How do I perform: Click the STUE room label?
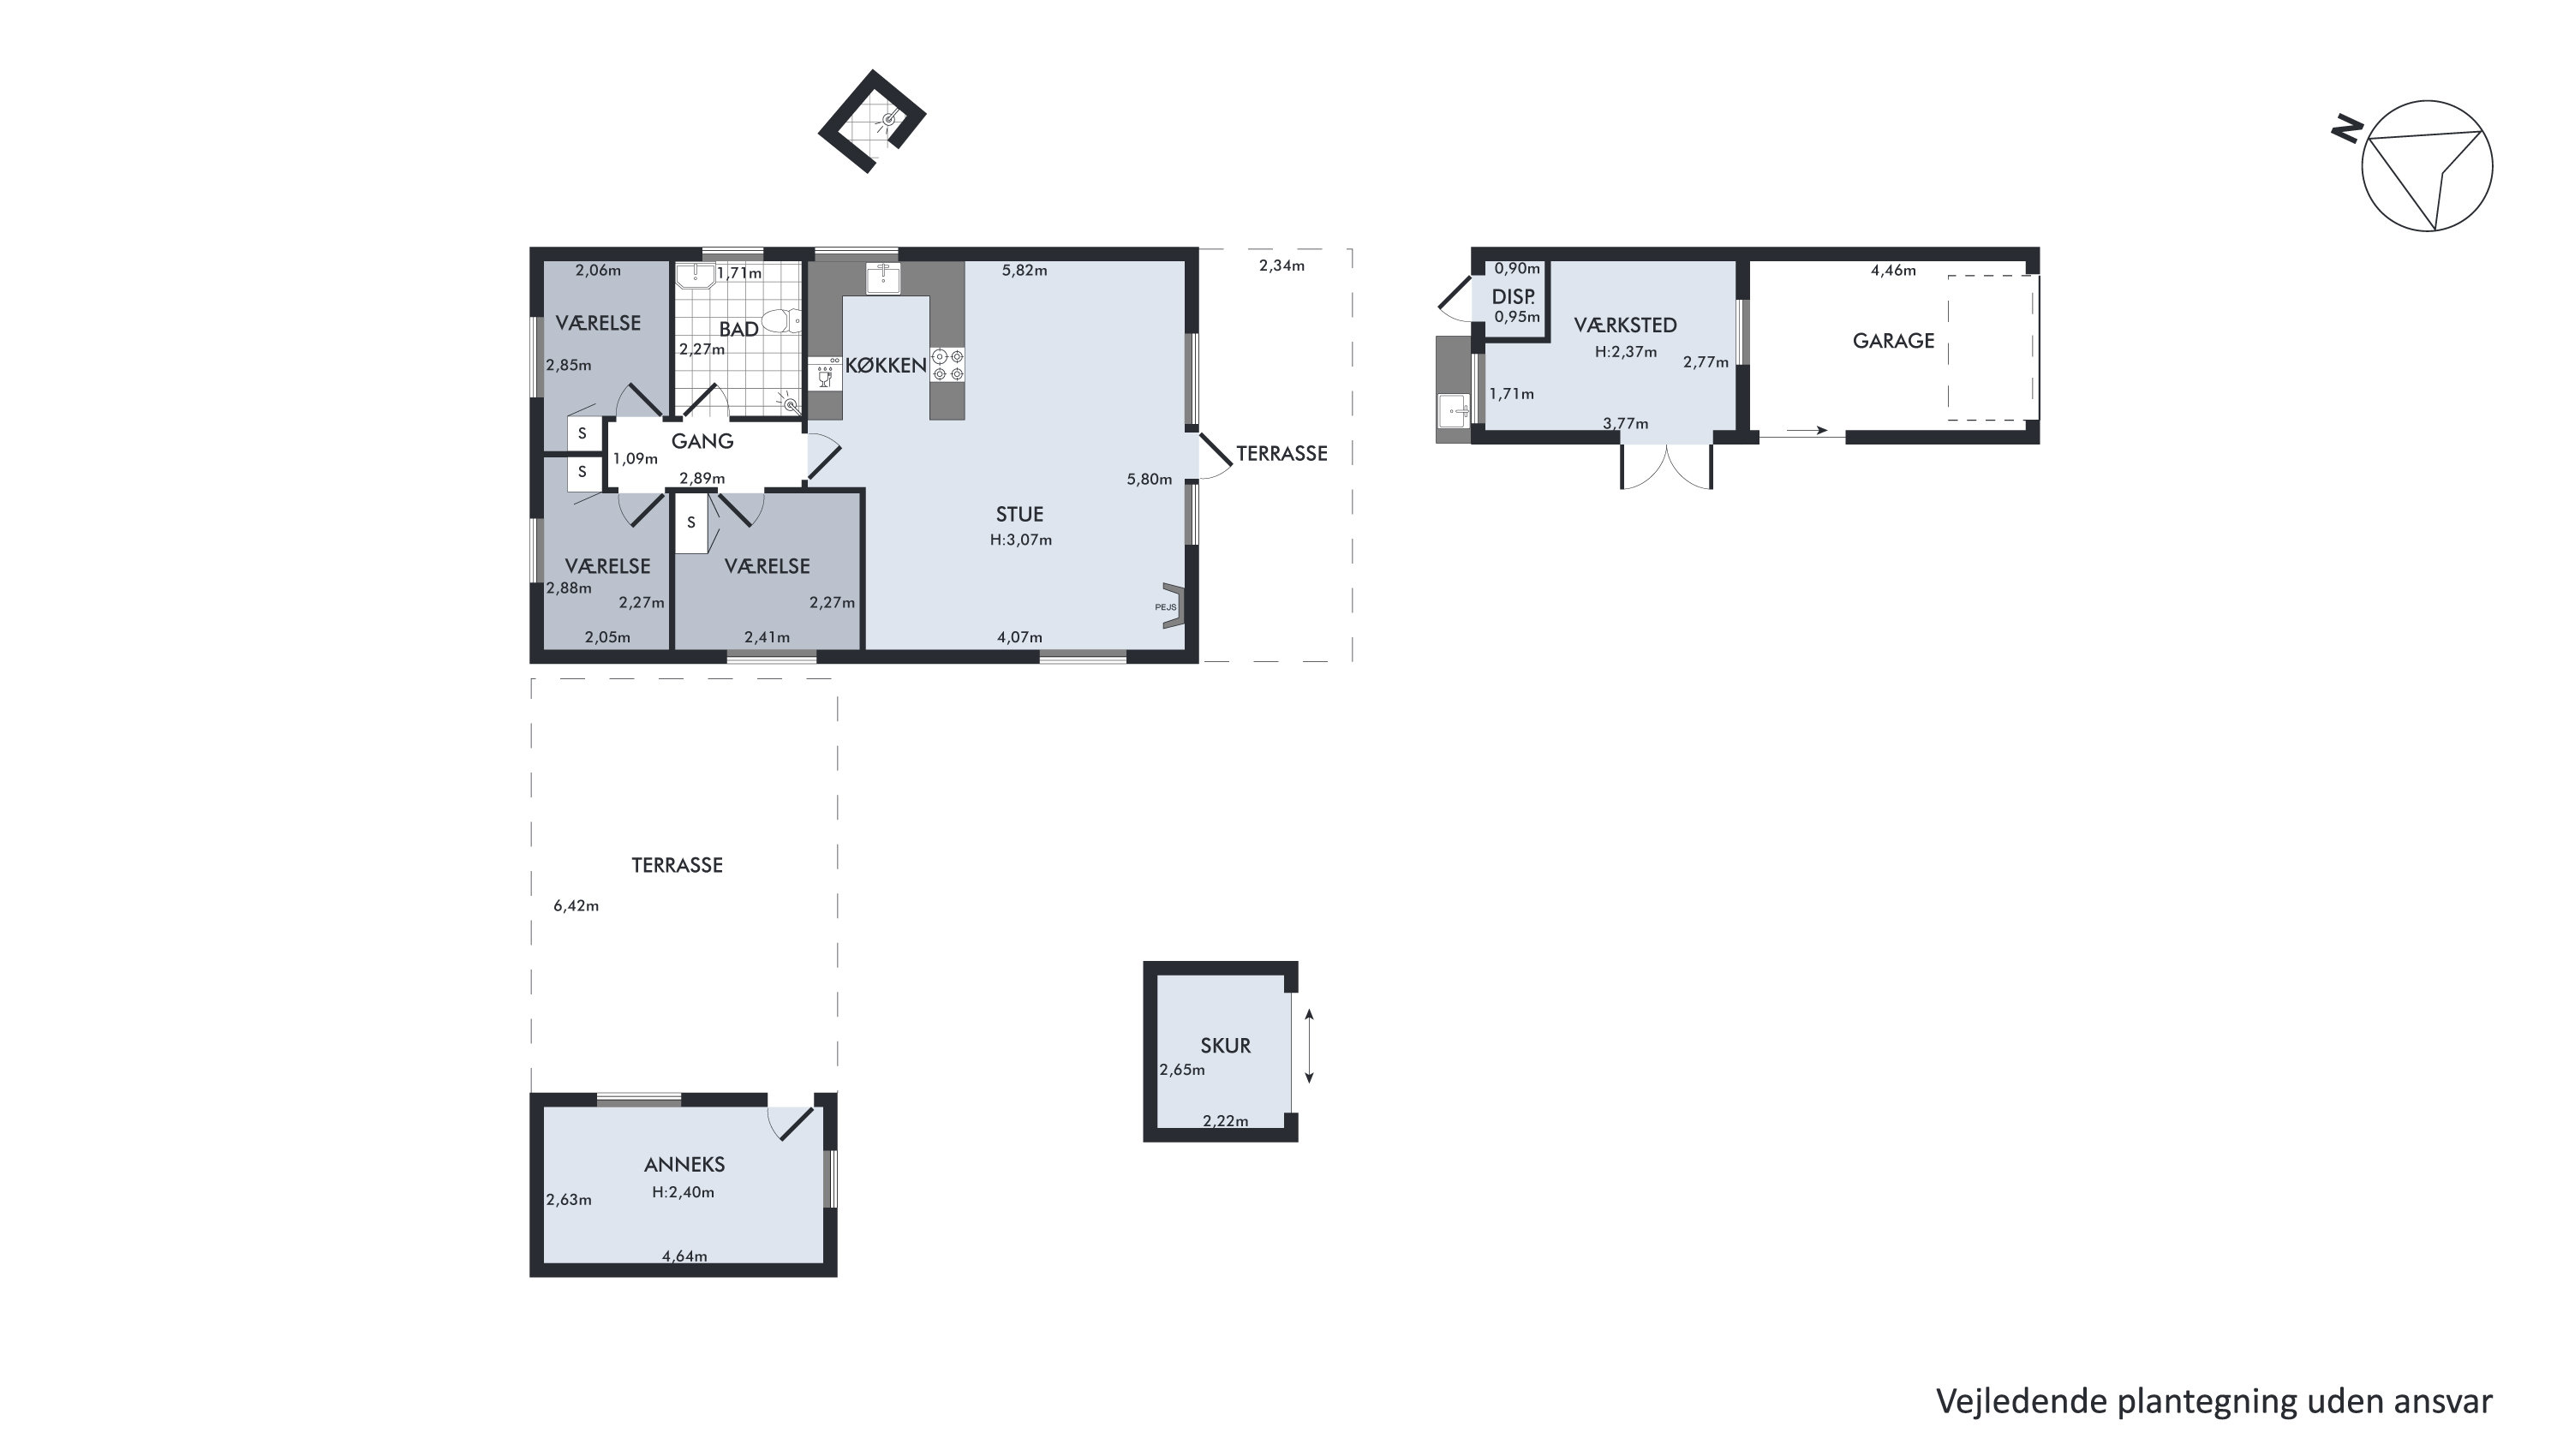(1019, 515)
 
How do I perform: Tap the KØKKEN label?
(886, 365)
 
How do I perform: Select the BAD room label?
(739, 329)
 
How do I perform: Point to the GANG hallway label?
(702, 441)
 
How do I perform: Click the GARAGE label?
(1893, 341)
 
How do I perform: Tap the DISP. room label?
(1513, 297)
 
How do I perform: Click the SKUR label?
(1225, 1046)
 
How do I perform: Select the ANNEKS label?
(684, 1165)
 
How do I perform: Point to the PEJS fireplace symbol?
(1172, 606)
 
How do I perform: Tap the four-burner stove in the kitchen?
(948, 364)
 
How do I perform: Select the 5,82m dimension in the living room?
(1025, 271)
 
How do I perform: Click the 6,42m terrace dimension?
(577, 906)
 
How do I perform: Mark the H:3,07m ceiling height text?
(1021, 540)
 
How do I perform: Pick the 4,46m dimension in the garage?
(1893, 271)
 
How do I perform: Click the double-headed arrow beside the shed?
(1310, 1046)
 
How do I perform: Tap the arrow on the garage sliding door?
(1807, 431)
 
